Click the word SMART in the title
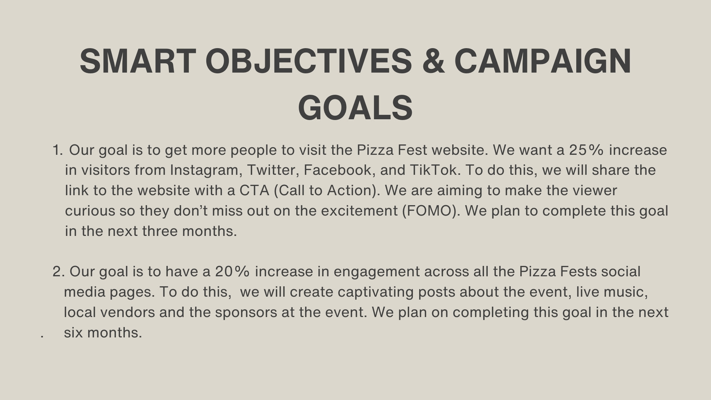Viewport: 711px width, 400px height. [x=138, y=61]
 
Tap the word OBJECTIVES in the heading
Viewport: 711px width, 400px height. [x=308, y=61]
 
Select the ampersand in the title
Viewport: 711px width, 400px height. [x=433, y=61]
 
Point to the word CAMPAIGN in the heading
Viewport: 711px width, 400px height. [x=543, y=61]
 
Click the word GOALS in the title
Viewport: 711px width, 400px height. [x=355, y=108]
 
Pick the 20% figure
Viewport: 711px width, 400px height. [x=233, y=271]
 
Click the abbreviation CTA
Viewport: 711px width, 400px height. [x=254, y=190]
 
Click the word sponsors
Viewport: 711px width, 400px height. [x=246, y=313]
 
